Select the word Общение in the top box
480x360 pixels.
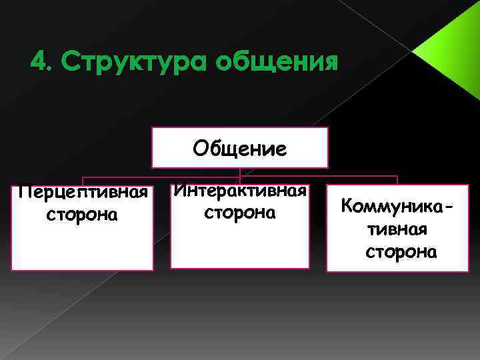tap(240, 148)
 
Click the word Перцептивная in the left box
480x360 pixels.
tap(83, 193)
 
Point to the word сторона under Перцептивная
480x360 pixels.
tap(83, 215)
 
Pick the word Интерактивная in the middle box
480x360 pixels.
tap(240, 191)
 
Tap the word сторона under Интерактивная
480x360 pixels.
tap(240, 213)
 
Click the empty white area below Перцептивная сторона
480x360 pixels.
tap(83, 247)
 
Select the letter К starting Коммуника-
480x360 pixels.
tap(346, 206)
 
